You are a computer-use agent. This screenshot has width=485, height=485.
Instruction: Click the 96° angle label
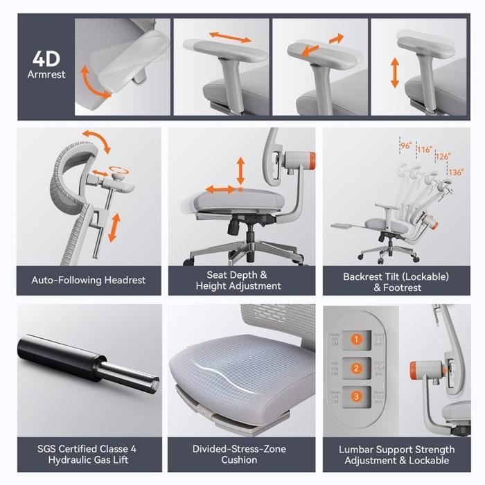[405, 145]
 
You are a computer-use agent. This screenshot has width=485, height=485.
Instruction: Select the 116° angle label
[424, 150]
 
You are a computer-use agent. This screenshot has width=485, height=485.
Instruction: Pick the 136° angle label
[455, 172]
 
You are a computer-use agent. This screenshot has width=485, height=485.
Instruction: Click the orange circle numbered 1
[356, 339]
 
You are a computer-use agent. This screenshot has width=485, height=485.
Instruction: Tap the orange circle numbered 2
[356, 369]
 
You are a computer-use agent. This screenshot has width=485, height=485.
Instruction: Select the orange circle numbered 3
[356, 397]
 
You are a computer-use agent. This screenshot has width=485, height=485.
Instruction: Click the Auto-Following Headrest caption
[89, 281]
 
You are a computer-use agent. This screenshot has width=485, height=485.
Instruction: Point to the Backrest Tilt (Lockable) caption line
[396, 276]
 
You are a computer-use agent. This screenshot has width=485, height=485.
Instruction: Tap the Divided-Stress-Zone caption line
[239, 449]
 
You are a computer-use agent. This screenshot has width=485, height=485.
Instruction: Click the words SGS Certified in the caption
[62, 449]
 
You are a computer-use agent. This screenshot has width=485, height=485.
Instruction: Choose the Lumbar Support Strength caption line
[397, 450]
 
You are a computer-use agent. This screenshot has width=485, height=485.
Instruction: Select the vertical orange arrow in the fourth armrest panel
[395, 73]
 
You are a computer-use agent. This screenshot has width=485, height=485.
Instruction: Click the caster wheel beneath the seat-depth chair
[188, 263]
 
